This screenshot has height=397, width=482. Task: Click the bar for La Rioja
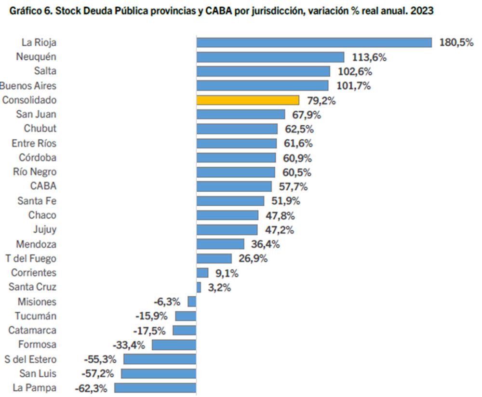click(x=314, y=42)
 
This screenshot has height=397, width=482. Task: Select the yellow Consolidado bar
click(x=248, y=100)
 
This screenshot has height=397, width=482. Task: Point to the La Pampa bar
click(x=155, y=388)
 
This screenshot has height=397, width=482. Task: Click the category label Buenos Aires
click(x=28, y=86)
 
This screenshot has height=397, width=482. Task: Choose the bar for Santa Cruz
click(x=199, y=287)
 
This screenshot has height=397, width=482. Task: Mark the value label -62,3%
click(x=91, y=388)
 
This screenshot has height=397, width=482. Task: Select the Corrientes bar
click(x=202, y=273)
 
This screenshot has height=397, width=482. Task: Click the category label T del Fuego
click(x=31, y=258)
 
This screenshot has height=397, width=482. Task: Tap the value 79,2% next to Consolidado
click(x=321, y=101)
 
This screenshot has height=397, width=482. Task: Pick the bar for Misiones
click(x=192, y=302)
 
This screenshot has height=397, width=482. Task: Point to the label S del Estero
click(x=30, y=359)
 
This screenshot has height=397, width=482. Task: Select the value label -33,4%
click(x=129, y=345)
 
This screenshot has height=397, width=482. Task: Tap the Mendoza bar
click(x=220, y=244)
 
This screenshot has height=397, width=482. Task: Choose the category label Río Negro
click(x=35, y=172)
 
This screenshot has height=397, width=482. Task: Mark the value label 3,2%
click(x=219, y=288)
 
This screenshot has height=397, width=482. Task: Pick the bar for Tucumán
click(x=186, y=316)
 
